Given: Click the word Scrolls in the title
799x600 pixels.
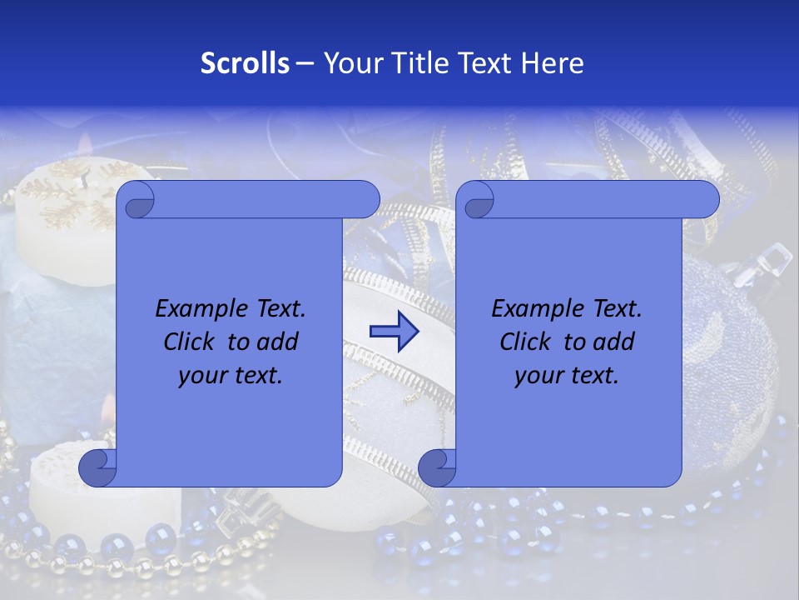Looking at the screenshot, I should point(246,63).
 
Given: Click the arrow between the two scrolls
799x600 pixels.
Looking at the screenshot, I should point(394,332).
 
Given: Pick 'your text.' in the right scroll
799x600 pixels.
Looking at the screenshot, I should point(567,376).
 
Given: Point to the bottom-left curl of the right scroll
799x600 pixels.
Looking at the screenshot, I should point(436,467).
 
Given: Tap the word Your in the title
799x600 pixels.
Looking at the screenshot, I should point(352,63).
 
